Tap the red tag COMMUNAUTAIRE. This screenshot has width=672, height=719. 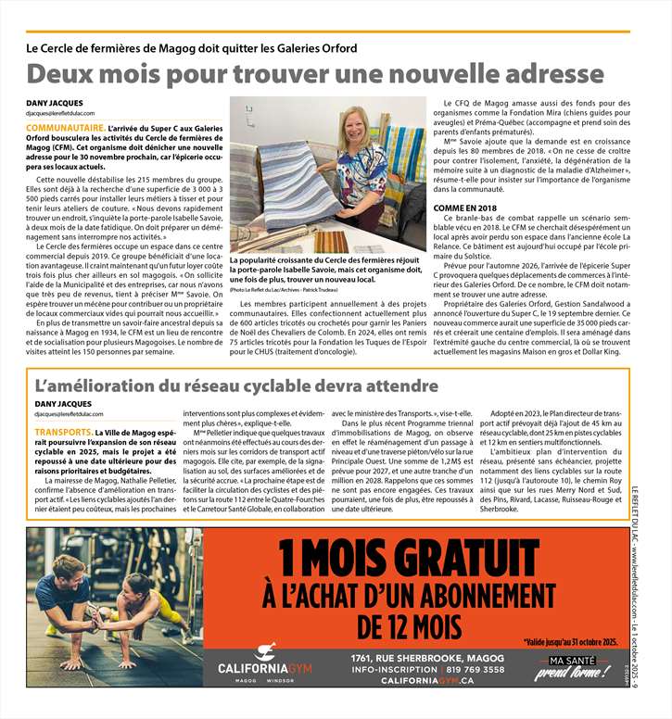pos(66,127)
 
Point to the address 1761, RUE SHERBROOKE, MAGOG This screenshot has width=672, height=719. pos(427,657)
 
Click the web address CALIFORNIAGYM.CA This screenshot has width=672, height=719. pos(427,681)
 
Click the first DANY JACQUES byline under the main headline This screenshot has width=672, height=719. pos(55,103)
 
